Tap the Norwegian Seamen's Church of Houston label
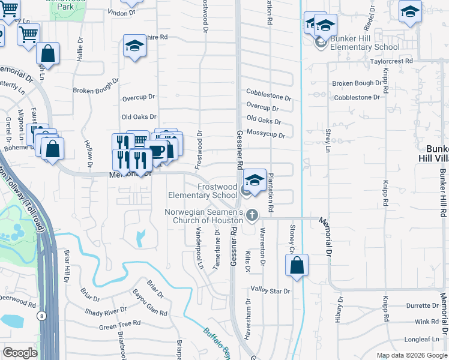click(x=204, y=217)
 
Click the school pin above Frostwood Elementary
click(x=255, y=181)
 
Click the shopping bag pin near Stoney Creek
click(x=297, y=266)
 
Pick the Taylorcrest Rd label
click(x=391, y=61)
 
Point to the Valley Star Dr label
click(x=270, y=291)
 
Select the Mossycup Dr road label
click(x=265, y=133)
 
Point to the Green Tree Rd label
click(x=119, y=325)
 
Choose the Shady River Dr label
click(x=105, y=311)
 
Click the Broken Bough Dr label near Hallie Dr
click(x=96, y=90)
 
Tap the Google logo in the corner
click(x=20, y=352)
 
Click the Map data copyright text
click(x=412, y=355)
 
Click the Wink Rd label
click(x=427, y=322)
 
